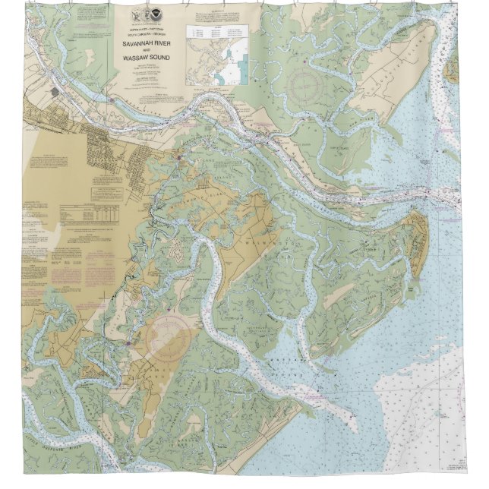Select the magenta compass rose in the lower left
point(169,337)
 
